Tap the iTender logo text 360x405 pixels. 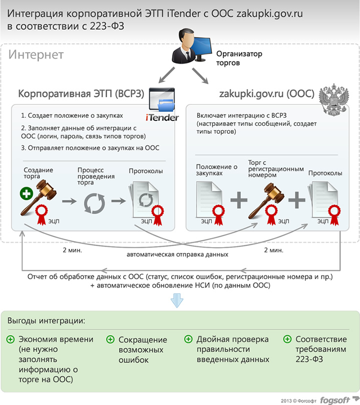[x=162, y=118]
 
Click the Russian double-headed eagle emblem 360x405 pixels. [x=334, y=99]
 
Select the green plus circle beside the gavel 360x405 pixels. [x=27, y=193]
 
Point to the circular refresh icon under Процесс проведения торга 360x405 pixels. [x=95, y=204]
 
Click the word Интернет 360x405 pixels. [x=36, y=55]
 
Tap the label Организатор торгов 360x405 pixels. [x=239, y=58]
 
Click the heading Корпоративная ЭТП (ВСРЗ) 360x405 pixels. [x=81, y=94]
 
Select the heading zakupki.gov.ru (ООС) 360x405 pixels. [x=267, y=94]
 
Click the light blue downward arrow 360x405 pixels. [x=177, y=300]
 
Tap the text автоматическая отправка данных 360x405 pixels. [x=178, y=255]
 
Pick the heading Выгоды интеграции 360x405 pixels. [x=46, y=321]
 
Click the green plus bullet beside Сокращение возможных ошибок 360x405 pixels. [x=111, y=339]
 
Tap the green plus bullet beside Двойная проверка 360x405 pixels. [x=188, y=339]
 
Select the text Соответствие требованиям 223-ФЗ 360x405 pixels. [x=321, y=349]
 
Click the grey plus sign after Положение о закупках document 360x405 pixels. [x=239, y=200]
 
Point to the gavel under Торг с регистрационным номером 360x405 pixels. [x=266, y=200]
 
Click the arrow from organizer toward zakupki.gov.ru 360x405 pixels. [x=200, y=76]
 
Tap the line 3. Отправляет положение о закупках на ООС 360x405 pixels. [x=90, y=148]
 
